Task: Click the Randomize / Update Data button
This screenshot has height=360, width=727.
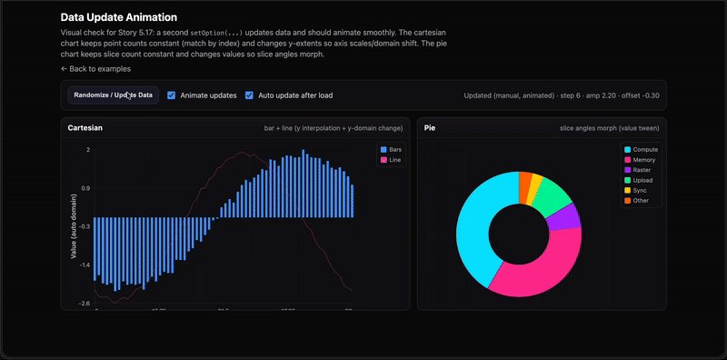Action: tap(114, 95)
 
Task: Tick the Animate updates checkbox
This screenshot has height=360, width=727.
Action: tap(172, 95)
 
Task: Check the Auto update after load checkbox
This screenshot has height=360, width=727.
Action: tap(250, 95)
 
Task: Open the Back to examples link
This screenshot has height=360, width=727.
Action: tap(95, 68)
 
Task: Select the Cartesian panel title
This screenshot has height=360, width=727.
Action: tap(85, 128)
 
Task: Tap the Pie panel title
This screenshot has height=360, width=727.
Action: tap(430, 128)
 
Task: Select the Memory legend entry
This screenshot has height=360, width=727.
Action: tap(640, 160)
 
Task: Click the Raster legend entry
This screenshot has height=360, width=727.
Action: tap(638, 170)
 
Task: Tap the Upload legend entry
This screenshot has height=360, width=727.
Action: tap(639, 181)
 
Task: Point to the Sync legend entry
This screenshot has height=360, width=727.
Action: tap(636, 191)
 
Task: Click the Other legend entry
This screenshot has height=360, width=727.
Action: tap(637, 202)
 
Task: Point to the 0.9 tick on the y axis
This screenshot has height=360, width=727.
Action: tap(85, 188)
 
